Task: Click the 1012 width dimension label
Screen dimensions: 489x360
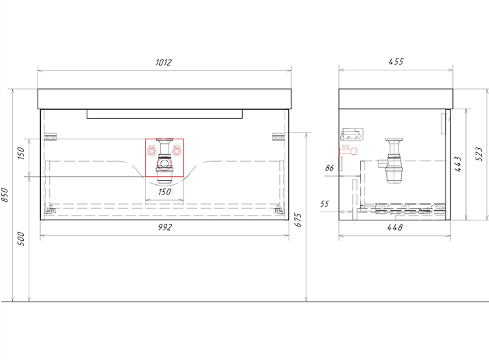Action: [x=164, y=62]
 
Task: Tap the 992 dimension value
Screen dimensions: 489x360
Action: [x=165, y=227]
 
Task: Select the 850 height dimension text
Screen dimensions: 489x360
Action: [x=5, y=195]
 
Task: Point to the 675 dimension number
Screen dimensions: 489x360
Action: [x=298, y=220]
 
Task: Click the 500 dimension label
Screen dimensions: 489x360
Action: [x=21, y=239]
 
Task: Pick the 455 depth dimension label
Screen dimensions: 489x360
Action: [x=396, y=62]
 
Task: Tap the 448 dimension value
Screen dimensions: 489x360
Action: [x=395, y=227]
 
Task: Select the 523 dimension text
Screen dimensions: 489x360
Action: [x=479, y=154]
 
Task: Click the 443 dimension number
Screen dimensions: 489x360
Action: [x=458, y=164]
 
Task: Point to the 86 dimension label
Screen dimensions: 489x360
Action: [x=329, y=168]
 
